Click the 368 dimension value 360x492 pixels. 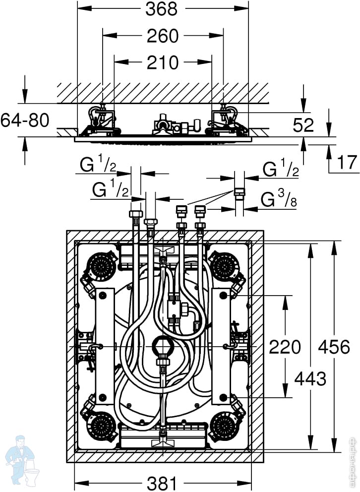pos(163,9)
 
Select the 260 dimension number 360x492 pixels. pos(163,36)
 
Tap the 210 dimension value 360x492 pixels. pos(163,62)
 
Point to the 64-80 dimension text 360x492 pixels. pos(25,120)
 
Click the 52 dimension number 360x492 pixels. pos(303,125)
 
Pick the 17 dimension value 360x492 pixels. pos(346,163)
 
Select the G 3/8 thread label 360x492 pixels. pos(280,200)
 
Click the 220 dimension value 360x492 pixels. pos(285,347)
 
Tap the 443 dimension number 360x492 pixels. pos(310,378)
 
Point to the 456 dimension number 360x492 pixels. pos(333,347)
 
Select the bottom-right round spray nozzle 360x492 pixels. pos(224,425)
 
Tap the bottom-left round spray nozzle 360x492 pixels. pos(103,425)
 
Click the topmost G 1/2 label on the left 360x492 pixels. pos(98,165)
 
